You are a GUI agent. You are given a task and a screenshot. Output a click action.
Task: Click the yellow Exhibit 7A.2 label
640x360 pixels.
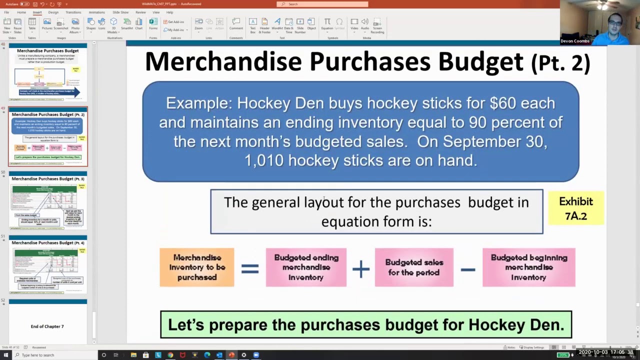(x=575, y=208)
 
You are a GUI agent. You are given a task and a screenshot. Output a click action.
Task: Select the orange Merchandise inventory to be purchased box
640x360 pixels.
(x=197, y=267)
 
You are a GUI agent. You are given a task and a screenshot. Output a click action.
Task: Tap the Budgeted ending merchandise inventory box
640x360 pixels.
(x=306, y=267)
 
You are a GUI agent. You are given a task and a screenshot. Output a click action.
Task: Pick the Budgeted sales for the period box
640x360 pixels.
(x=414, y=267)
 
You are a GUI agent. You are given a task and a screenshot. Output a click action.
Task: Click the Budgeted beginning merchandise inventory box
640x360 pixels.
(x=529, y=267)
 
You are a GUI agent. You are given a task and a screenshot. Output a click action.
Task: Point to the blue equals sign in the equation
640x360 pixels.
(x=250, y=269)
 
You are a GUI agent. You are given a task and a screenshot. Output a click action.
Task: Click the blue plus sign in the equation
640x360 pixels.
(x=360, y=269)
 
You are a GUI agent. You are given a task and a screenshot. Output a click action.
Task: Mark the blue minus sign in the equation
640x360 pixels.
(x=468, y=269)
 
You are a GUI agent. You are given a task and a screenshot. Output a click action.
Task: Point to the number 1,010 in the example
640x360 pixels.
(x=264, y=160)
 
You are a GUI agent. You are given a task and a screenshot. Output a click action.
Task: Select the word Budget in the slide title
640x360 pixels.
(x=480, y=62)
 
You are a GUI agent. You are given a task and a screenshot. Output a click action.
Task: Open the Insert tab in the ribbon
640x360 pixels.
(x=37, y=12)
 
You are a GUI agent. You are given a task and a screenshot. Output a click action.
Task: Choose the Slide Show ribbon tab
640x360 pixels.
(x=120, y=12)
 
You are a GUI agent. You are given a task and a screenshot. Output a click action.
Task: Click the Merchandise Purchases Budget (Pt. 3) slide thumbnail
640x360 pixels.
(x=48, y=200)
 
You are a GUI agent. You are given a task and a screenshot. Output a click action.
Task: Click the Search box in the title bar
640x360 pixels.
(x=322, y=4)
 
